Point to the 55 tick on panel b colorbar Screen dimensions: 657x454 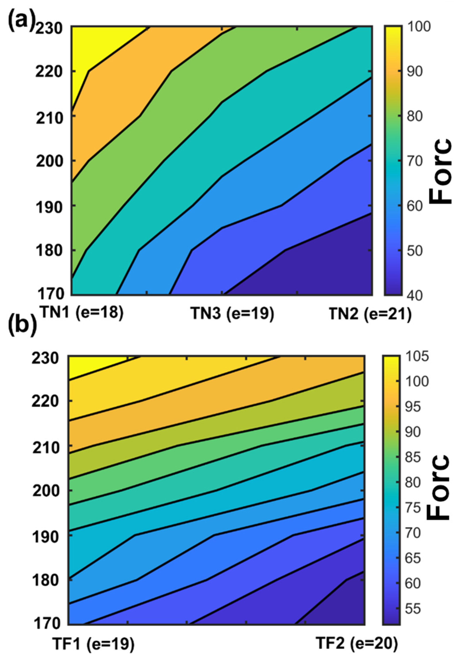[415, 609]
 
